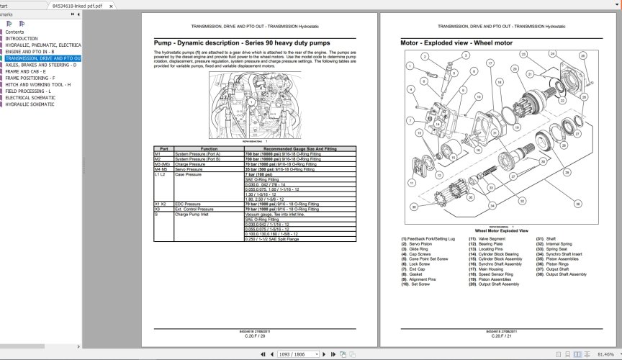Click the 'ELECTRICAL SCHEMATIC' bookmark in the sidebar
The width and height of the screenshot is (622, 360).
pyautogui.click(x=30, y=97)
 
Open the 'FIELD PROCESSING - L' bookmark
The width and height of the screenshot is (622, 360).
pyautogui.click(x=29, y=91)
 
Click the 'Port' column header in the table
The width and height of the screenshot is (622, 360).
pyautogui.click(x=163, y=148)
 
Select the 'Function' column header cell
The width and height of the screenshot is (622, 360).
pyautogui.click(x=209, y=148)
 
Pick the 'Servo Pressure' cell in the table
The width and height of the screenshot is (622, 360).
pyautogui.click(x=191, y=169)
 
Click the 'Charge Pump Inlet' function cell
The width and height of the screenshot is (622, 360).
pyautogui.click(x=194, y=214)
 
